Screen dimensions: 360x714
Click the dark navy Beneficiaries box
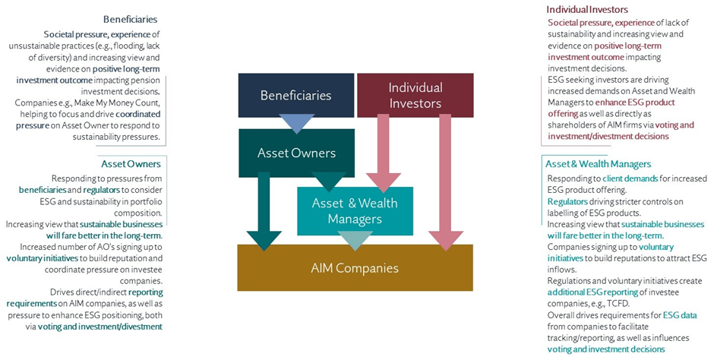click(295, 95)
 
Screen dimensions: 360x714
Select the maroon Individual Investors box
click(415, 95)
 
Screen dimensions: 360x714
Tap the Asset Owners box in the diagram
click(295, 153)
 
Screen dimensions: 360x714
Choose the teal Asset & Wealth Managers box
click(354, 210)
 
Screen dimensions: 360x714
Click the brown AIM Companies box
click(354, 267)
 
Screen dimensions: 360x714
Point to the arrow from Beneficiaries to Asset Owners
click(295, 122)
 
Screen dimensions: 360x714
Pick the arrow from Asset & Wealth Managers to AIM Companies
click(354, 239)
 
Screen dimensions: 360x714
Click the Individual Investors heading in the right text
click(587, 10)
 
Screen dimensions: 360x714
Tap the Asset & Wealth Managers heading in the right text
click(598, 163)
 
